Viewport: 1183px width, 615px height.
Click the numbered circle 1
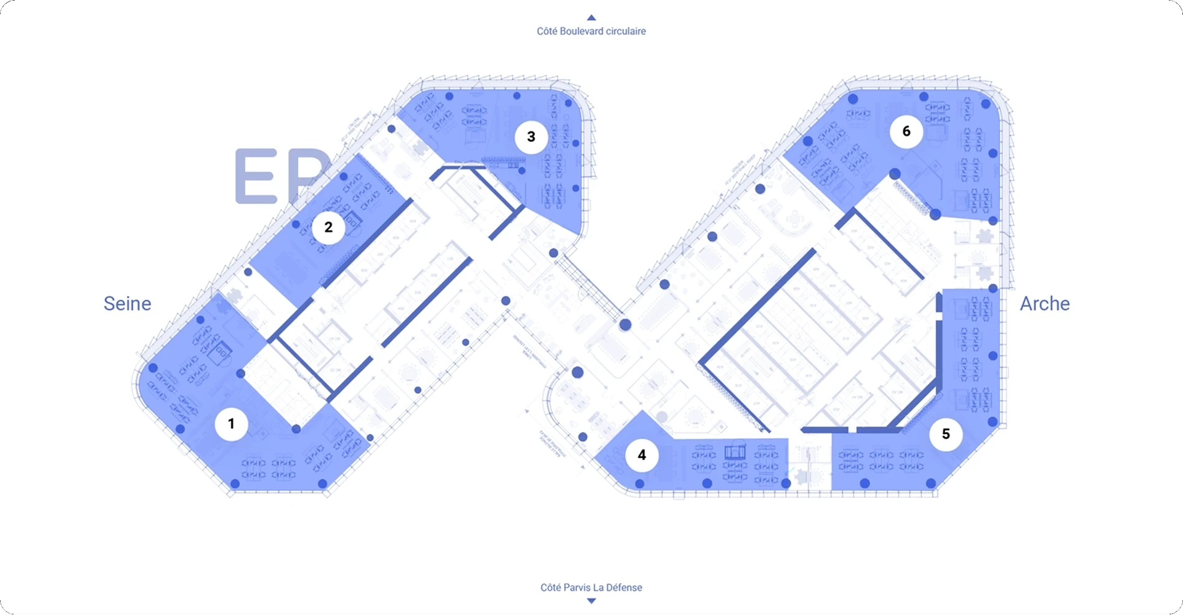[x=231, y=424]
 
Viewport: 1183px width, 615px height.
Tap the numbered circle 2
[x=328, y=228]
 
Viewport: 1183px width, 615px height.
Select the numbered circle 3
[x=531, y=137]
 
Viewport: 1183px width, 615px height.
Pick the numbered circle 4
[x=641, y=456]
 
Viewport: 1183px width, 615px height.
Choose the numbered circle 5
[x=946, y=434]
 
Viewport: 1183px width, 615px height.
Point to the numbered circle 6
[x=906, y=131]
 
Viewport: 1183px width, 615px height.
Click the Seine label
[x=127, y=304]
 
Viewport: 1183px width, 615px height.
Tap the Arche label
[x=1044, y=304]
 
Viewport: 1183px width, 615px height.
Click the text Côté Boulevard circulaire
[x=591, y=31]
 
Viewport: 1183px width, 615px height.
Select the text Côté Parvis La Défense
[x=591, y=588]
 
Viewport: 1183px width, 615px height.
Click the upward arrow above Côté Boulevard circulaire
[x=591, y=18]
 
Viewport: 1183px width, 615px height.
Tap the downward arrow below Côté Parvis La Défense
[x=591, y=601]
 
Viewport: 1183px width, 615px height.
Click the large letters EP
[x=280, y=177]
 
